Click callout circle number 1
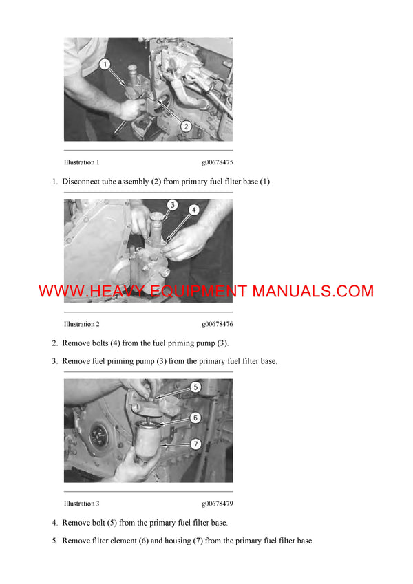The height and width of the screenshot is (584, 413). pos(105,65)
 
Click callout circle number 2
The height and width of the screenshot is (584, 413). pos(185,126)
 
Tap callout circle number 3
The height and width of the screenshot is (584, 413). pos(173,205)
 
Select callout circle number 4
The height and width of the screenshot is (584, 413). pos(195,210)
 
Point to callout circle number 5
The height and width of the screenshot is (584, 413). pos(195,387)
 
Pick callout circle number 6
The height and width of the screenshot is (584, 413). pos(195,418)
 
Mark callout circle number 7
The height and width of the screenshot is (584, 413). pos(195,444)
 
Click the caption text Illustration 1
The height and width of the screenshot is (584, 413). pos(81,163)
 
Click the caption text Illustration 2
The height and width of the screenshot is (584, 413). pos(81,324)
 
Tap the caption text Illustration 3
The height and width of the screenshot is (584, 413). pos(81,504)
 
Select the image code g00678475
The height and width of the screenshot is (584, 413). pos(217,163)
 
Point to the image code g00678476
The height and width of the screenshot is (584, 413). pos(217,324)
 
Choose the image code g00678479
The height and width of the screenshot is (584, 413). pos(217,504)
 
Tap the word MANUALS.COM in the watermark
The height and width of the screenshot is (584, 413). pos(313,291)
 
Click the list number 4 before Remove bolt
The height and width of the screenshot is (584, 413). pos(54,523)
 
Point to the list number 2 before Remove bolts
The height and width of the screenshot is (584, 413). pos(54,343)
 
